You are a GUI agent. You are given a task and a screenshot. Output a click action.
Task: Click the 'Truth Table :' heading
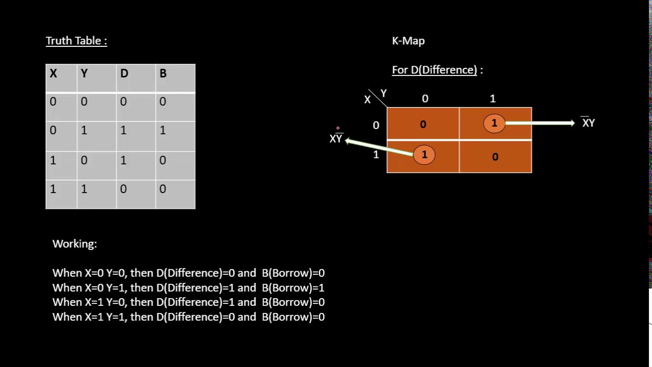click(x=76, y=41)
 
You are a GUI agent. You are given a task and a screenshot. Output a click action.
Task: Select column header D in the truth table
click(x=124, y=73)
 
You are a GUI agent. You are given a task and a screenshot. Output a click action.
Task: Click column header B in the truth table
click(x=163, y=73)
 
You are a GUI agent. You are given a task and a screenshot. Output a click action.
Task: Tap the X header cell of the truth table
click(x=53, y=73)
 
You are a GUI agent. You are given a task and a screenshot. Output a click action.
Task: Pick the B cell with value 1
click(x=163, y=130)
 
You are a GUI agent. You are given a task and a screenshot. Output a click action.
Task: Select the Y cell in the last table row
click(x=84, y=189)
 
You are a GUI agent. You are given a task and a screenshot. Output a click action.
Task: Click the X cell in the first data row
click(x=53, y=101)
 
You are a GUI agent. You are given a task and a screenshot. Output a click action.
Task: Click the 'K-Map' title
click(x=408, y=41)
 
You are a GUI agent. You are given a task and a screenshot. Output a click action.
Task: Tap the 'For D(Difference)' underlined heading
click(x=434, y=70)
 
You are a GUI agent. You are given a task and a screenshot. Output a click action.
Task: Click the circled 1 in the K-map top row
click(x=494, y=123)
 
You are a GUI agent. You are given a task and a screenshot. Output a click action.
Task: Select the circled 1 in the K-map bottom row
click(x=424, y=155)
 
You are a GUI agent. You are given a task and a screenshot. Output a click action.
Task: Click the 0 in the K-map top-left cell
click(x=423, y=124)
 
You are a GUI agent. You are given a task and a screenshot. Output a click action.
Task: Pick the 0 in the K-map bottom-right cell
click(x=495, y=157)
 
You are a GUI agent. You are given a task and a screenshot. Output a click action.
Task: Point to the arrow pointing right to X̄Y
click(x=540, y=123)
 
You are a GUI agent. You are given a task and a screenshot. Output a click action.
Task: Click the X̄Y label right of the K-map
click(x=588, y=123)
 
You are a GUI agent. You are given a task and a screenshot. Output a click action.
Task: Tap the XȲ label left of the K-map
click(x=336, y=139)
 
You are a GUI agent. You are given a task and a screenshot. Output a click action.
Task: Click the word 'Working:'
click(x=74, y=244)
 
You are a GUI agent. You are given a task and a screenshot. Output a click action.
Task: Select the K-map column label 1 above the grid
click(x=493, y=98)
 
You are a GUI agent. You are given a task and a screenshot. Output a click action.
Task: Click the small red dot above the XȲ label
click(x=337, y=128)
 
